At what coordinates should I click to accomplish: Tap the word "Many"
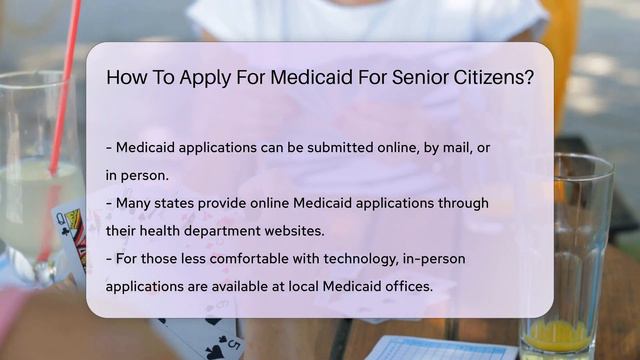point(136,203)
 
